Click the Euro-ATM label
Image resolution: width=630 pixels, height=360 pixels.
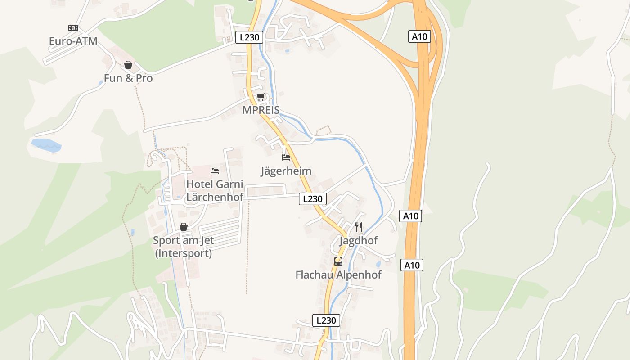[x=73, y=41]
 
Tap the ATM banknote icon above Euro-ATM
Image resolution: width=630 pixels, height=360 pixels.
[x=73, y=28]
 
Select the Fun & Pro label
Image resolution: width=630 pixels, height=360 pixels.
[x=128, y=78]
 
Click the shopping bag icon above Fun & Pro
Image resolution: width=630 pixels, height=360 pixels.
[x=128, y=65]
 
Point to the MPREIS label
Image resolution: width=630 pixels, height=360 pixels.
[x=261, y=110]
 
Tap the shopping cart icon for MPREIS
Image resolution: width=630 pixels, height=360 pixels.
[x=261, y=97]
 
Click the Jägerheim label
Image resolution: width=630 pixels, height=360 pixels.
[x=286, y=171]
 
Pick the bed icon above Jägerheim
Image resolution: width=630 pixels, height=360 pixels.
[x=286, y=157]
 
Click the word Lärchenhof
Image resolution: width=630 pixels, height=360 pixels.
[x=215, y=197]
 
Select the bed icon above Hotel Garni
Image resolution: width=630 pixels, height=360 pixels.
[x=215, y=171]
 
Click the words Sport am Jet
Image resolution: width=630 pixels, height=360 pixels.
[x=183, y=240]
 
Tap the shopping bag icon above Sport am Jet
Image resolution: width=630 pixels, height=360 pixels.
[x=184, y=227]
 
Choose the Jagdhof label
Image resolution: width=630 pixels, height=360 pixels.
[x=358, y=241]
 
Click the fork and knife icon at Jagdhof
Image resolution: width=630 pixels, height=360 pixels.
[x=359, y=227]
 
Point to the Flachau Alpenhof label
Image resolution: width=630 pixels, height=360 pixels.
[x=338, y=274]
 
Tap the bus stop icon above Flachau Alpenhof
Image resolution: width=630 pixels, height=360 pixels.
[x=338, y=261]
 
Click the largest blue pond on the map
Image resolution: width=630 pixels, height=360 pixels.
[x=46, y=145]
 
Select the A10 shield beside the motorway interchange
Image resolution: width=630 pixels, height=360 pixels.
[x=420, y=36]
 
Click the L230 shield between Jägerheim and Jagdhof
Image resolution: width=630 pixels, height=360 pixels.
[x=313, y=198]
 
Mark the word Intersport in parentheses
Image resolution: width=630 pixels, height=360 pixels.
[x=184, y=253]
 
